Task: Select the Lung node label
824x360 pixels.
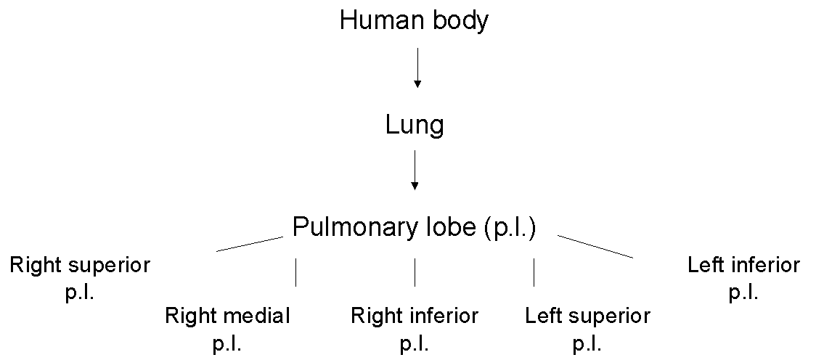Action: (415, 126)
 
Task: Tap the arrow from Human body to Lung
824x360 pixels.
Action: (417, 68)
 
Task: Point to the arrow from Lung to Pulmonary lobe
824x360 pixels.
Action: (415, 170)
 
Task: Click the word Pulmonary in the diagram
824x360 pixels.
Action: (354, 227)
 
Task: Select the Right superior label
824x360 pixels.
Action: (79, 265)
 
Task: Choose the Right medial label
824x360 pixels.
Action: (227, 316)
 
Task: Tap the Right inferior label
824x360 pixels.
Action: (415, 316)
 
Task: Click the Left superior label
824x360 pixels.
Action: (587, 316)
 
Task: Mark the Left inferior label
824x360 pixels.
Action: (743, 265)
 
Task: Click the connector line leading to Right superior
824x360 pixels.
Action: (249, 243)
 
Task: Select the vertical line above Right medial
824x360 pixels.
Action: (295, 272)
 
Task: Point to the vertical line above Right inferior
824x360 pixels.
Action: (415, 272)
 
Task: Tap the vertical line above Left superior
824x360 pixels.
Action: (534, 272)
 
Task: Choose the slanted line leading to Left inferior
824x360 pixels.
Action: (595, 247)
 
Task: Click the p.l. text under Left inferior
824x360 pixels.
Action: (743, 292)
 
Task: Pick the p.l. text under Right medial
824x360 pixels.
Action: (227, 343)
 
